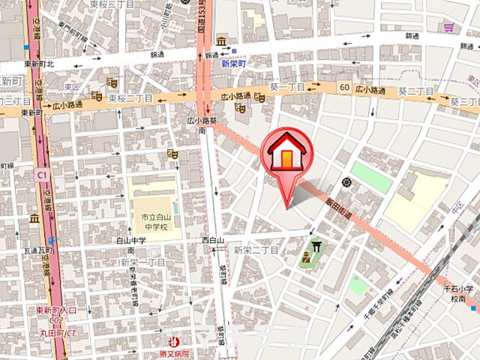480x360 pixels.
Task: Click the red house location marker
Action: point(286,154)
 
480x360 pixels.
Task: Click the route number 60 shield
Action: point(343,88)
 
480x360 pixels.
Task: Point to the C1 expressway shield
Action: point(40,174)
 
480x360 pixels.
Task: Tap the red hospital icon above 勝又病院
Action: point(175,341)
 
